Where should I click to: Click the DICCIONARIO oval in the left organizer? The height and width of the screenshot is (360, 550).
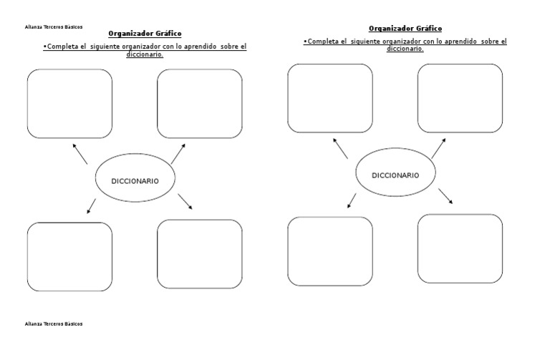tap(135, 180)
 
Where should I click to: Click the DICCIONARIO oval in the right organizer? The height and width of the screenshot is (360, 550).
tap(395, 175)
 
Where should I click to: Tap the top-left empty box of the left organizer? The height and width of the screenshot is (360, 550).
tap(69, 103)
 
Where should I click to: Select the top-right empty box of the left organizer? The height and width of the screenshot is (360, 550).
tap(200, 103)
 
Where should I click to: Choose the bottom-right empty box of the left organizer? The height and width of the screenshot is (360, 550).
tap(200, 253)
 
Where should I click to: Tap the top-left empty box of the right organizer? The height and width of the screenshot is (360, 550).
tap(330, 98)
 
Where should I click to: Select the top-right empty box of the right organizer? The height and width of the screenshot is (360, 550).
tap(460, 98)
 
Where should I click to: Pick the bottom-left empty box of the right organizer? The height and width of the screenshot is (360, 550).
tap(330, 250)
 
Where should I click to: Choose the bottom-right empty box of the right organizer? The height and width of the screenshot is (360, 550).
tap(460, 248)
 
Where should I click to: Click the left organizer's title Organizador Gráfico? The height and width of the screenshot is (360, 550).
tap(145, 33)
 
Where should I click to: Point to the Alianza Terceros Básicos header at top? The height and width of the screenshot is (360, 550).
tap(54, 27)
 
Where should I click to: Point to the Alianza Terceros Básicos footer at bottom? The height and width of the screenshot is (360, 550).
tap(54, 323)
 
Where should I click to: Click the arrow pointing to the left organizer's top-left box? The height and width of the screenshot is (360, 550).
tap(79, 153)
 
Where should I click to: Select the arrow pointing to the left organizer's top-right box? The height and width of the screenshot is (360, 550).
tap(178, 153)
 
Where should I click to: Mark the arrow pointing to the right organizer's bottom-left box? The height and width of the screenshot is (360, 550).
tap(352, 200)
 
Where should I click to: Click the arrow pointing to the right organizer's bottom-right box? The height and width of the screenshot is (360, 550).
tap(445, 196)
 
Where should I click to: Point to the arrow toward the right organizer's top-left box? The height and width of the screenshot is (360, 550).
tap(340, 148)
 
